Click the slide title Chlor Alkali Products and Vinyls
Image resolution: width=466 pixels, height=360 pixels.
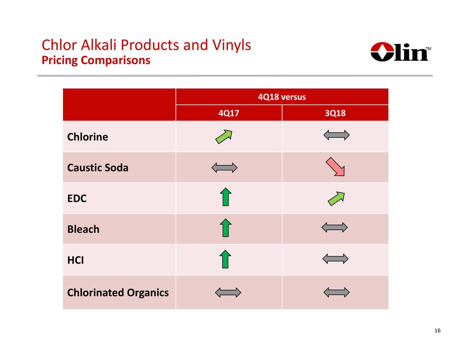[x=146, y=45]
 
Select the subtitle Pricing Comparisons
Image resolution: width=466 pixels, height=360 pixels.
[x=96, y=60]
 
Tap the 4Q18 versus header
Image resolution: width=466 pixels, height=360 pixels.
[x=282, y=97]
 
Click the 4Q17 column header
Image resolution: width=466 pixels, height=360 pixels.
[x=229, y=113]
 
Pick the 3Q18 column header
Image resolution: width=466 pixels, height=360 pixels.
[x=335, y=113]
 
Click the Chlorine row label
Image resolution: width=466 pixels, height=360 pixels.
[x=87, y=137]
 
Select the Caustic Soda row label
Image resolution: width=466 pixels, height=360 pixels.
[x=98, y=168]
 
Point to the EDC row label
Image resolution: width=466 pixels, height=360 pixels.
[x=77, y=198]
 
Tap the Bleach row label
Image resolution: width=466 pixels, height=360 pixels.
[x=83, y=229]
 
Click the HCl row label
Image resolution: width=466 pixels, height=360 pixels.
[x=75, y=260]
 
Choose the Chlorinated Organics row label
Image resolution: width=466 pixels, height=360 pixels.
[x=118, y=293]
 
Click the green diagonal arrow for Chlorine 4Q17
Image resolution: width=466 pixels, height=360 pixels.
[x=224, y=137]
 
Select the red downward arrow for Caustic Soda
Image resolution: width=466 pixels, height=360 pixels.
[x=335, y=167]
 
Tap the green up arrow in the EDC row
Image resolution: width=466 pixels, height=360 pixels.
[x=226, y=197]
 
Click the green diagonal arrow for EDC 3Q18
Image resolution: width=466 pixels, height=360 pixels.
[x=336, y=199]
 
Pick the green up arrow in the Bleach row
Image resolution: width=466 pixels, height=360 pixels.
[x=226, y=228]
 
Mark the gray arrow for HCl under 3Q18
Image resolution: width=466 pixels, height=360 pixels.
[x=335, y=259]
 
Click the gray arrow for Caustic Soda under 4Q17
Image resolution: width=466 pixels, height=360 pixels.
[x=224, y=168]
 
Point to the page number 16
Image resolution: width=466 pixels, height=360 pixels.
[x=437, y=331]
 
